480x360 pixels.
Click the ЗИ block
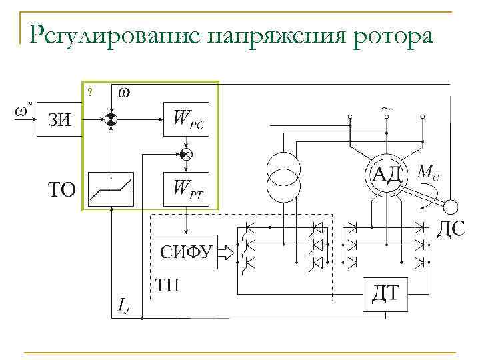pyautogui.click(x=59, y=120)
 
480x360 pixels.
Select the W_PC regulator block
pyautogui.click(x=186, y=119)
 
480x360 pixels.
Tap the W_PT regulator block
pyautogui.click(x=186, y=189)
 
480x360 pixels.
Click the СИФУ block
pyautogui.click(x=186, y=251)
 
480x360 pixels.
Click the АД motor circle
pyautogui.click(x=386, y=174)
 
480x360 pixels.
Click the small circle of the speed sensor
pyautogui.click(x=451, y=206)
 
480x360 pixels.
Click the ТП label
pyautogui.click(x=167, y=286)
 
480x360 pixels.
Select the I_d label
pyautogui.click(x=123, y=306)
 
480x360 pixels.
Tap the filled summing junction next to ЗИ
pyautogui.click(x=111, y=119)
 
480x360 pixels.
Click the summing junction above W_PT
pyautogui.click(x=186, y=155)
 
